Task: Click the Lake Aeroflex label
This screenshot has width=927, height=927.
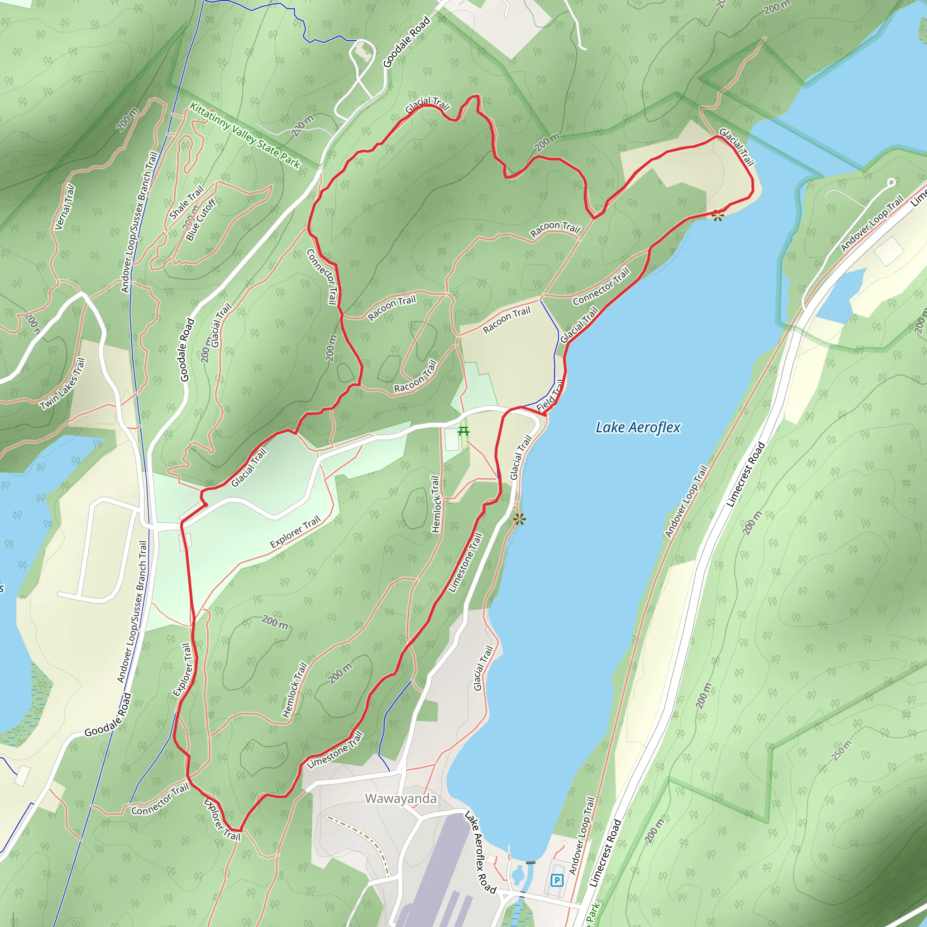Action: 638,427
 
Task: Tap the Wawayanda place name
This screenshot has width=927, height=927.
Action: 401,799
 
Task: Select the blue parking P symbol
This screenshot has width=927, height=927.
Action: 557,880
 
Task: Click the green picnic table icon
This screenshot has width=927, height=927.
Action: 463,431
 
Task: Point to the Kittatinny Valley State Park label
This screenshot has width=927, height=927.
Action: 245,135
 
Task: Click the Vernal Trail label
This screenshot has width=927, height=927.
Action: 65,207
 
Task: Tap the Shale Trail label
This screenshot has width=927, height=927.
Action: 186,202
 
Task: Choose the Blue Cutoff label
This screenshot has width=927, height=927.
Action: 201,219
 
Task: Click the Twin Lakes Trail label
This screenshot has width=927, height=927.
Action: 63,384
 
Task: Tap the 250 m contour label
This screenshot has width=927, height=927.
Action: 842,750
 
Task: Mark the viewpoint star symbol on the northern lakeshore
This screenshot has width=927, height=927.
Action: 718,216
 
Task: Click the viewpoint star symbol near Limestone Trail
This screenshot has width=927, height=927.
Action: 519,519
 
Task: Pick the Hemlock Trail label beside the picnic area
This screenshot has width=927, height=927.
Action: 435,504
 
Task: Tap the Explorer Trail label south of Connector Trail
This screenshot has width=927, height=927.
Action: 222,820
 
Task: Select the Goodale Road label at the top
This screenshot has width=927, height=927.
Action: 406,42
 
